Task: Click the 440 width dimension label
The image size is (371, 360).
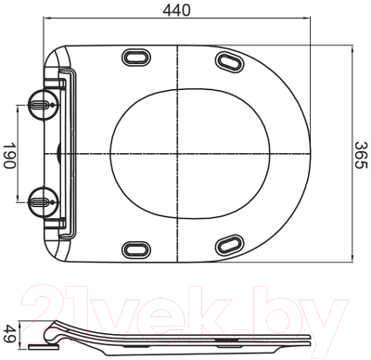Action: click(176, 9)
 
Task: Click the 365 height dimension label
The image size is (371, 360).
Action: click(360, 155)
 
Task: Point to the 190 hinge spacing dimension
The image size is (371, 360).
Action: click(9, 156)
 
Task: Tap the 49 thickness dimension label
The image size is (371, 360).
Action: click(9, 333)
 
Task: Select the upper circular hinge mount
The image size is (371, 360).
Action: click(43, 104)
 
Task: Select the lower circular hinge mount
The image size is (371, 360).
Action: click(43, 202)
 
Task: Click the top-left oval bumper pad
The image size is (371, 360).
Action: click(136, 57)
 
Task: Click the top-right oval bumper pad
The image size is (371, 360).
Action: click(229, 61)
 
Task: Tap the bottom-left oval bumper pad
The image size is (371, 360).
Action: click(136, 250)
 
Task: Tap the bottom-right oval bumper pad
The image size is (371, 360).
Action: click(229, 244)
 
